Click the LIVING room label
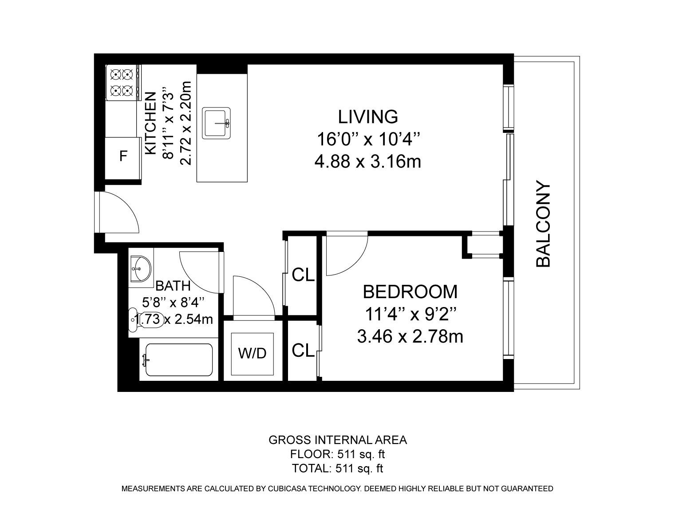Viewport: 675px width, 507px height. [368, 117]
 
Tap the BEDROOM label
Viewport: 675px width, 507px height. [410, 292]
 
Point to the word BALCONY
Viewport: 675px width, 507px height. [543, 224]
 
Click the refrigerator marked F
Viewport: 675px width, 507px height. [123, 158]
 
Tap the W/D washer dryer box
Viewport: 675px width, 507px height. [252, 354]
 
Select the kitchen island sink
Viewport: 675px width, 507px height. [217, 123]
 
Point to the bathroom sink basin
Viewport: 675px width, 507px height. [141, 268]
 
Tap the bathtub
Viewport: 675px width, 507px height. [179, 359]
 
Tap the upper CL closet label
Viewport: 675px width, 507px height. [303, 275]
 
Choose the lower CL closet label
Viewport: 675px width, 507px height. [303, 350]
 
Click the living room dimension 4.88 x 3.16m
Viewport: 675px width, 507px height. [368, 162]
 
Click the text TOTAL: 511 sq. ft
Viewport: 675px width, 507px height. [337, 468]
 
